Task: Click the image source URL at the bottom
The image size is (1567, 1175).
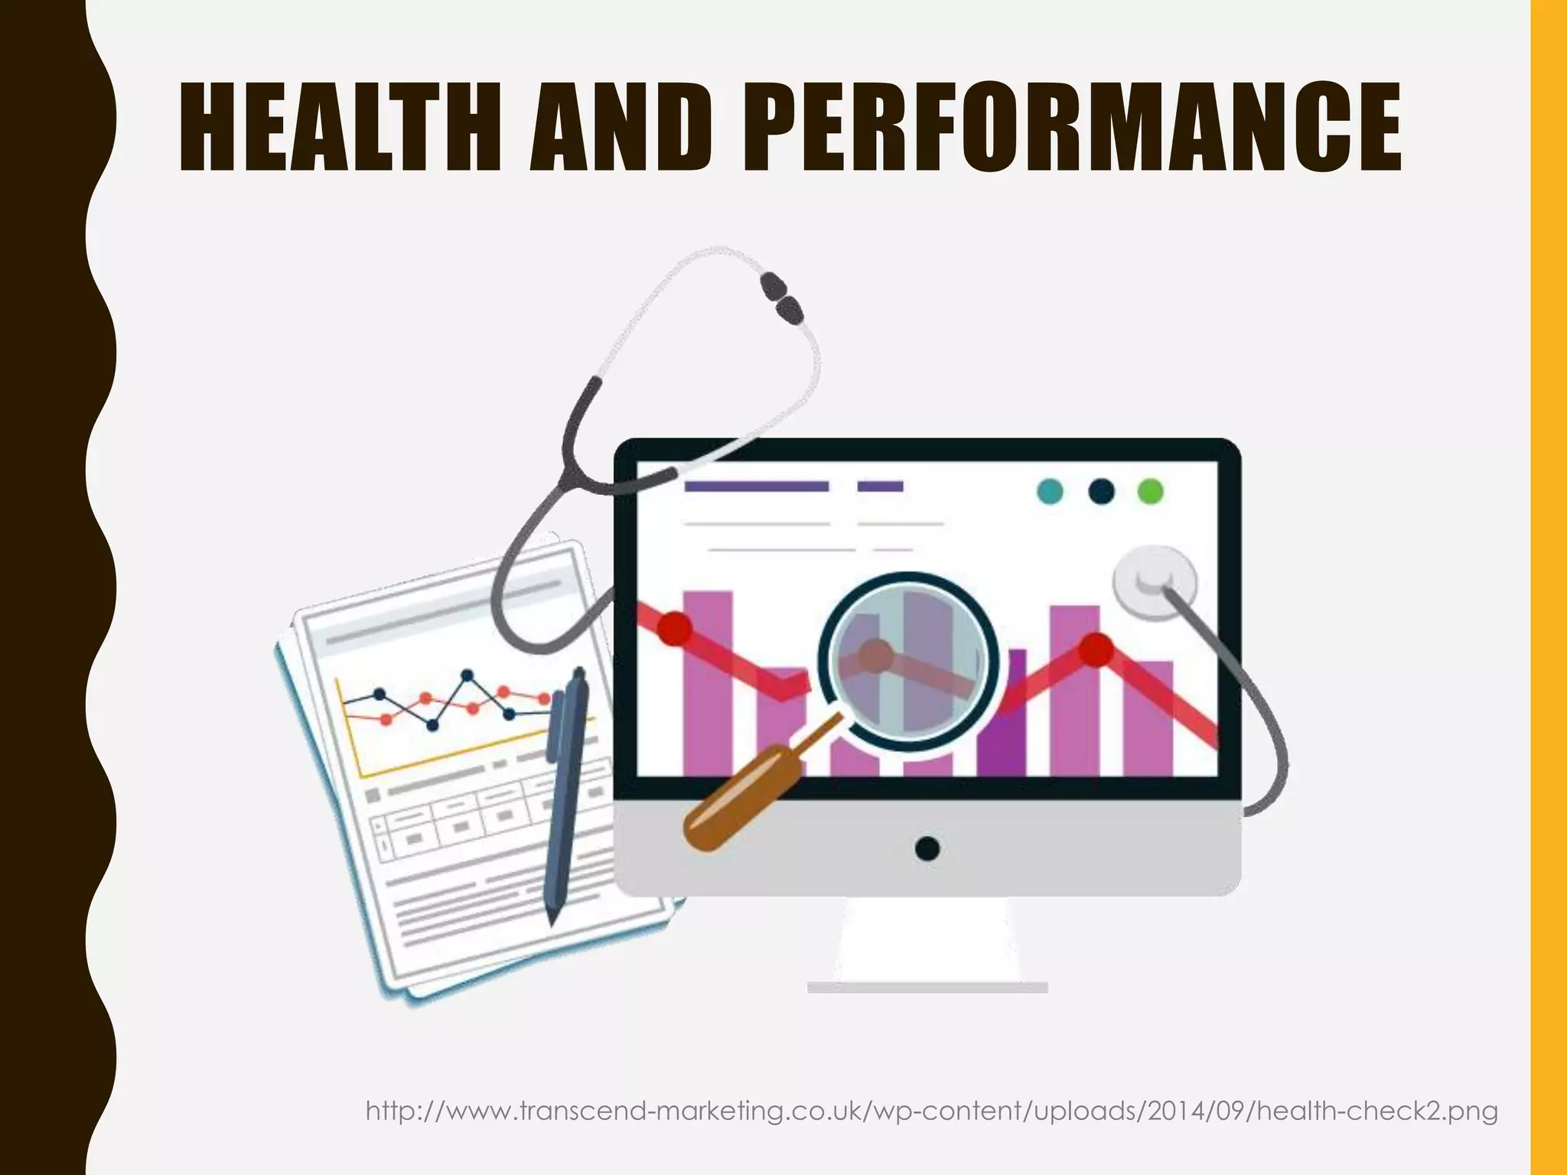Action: coord(931,1110)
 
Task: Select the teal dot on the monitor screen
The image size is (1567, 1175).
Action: coord(1050,491)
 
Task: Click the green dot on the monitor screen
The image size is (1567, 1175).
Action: coord(1150,491)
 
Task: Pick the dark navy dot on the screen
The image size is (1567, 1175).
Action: coord(1100,491)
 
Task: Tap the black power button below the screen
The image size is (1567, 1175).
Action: coord(927,848)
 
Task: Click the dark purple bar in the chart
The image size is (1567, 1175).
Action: coord(1002,715)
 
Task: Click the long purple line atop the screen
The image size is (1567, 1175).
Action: coord(756,487)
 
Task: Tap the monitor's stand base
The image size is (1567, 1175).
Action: coord(927,987)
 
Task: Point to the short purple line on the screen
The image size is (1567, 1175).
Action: coord(880,487)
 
